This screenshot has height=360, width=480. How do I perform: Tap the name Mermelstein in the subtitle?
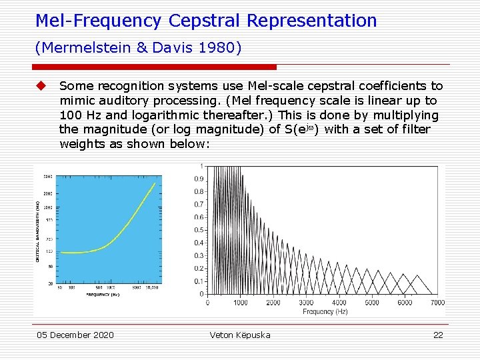point(74,47)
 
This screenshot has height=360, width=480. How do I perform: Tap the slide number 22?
point(438,335)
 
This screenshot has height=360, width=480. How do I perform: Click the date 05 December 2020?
point(75,335)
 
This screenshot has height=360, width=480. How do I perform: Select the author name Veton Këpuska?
point(240,335)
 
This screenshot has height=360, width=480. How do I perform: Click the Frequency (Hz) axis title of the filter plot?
point(325,311)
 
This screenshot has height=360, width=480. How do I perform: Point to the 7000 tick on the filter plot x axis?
point(437,303)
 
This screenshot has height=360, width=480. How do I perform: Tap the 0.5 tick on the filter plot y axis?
point(199,230)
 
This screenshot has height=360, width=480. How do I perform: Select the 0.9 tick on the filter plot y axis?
point(199,179)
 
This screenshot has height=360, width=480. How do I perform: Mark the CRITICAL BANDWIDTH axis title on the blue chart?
point(38,229)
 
